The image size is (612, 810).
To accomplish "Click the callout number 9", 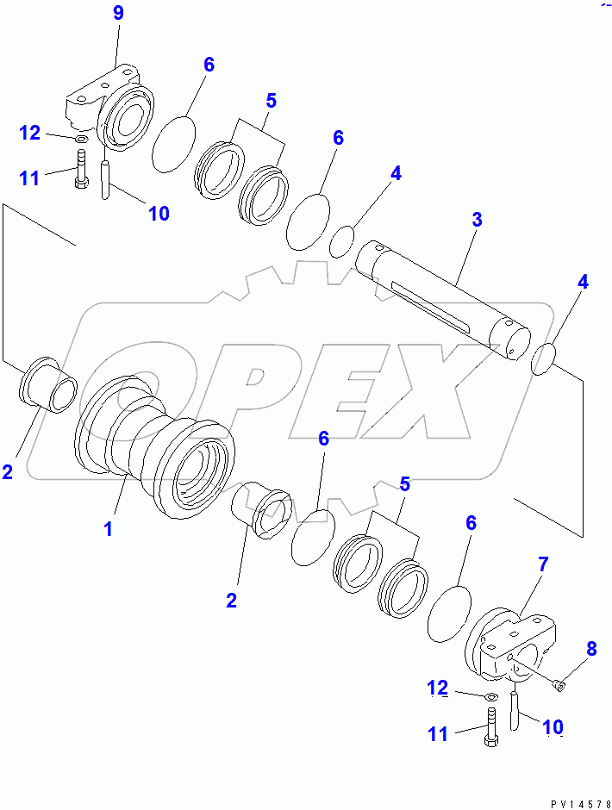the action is click(x=118, y=13).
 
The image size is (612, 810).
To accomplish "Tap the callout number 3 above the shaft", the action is click(x=477, y=219).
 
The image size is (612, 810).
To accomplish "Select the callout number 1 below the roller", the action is click(x=108, y=529).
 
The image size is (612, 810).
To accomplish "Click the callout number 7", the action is click(x=543, y=564).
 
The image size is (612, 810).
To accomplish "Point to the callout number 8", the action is click(x=591, y=648).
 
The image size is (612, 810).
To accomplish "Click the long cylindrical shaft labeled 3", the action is click(x=443, y=300).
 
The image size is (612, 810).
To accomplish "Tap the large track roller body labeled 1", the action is click(x=155, y=447).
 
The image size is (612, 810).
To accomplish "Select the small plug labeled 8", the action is click(x=559, y=685).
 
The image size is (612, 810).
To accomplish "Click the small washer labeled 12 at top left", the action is click(x=81, y=139).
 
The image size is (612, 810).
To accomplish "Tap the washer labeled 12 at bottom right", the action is click(x=491, y=697).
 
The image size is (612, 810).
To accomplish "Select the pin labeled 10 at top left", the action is click(x=105, y=179).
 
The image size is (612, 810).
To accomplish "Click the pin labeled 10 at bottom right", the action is click(x=515, y=711).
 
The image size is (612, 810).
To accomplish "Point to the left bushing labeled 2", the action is click(x=48, y=384).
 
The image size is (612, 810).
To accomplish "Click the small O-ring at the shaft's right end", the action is click(x=543, y=359).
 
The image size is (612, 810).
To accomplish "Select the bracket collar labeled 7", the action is click(x=512, y=645).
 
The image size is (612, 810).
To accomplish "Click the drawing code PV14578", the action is click(x=580, y=804).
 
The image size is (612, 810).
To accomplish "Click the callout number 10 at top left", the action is click(x=159, y=213).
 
